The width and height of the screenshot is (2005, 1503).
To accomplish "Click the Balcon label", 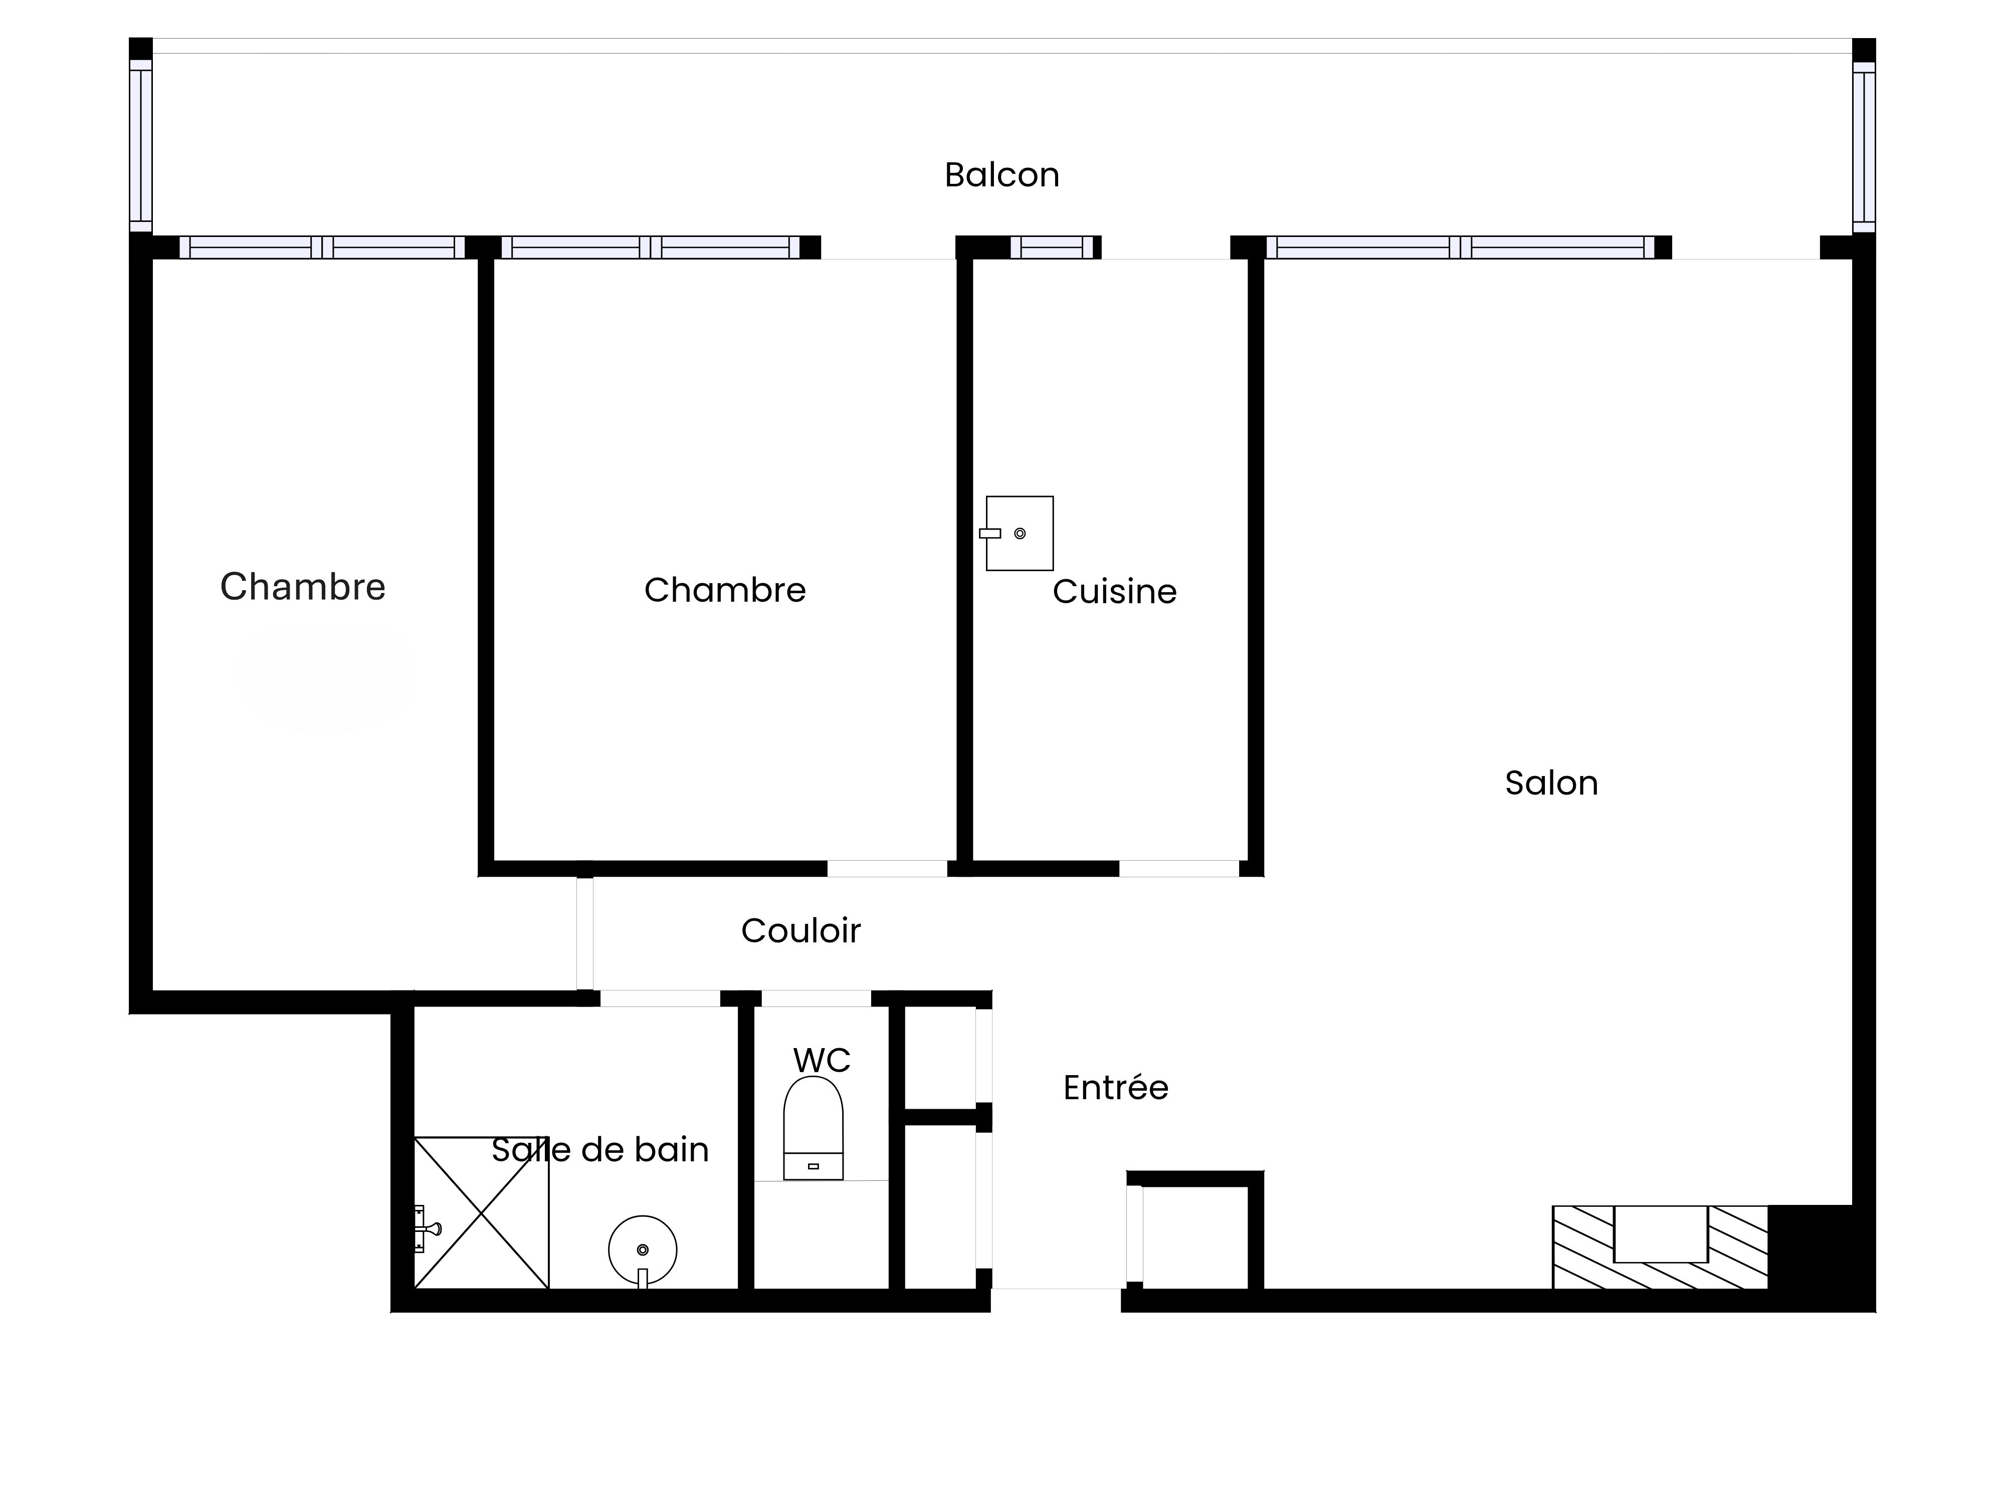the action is pyautogui.click(x=1001, y=175).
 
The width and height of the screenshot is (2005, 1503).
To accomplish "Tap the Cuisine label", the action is pyautogui.click(x=1114, y=592).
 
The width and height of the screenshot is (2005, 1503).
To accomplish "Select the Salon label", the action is pyautogui.click(x=1551, y=783).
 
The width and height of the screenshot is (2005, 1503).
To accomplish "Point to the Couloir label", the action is pyautogui.click(x=800, y=930).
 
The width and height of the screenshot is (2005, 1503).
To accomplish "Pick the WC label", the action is pyautogui.click(x=821, y=1060).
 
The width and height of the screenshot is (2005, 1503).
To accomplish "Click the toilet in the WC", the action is pyautogui.click(x=813, y=1128).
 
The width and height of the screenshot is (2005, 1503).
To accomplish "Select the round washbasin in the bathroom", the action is pyautogui.click(x=643, y=1250).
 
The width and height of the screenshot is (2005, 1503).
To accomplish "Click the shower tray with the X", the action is pyautogui.click(x=481, y=1212).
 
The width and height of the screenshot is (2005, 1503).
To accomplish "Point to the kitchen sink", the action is pyautogui.click(x=1019, y=534).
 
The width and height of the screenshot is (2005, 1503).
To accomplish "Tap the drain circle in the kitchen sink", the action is pyautogui.click(x=1020, y=534).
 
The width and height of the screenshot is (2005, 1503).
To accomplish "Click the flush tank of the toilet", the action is pyautogui.click(x=813, y=1166).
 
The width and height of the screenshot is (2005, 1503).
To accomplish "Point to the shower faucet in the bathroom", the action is pyautogui.click(x=426, y=1229).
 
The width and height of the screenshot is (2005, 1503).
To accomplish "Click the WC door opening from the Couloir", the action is pyautogui.click(x=816, y=998).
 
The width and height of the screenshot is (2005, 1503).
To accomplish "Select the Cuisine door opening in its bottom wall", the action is pyautogui.click(x=1179, y=869).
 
